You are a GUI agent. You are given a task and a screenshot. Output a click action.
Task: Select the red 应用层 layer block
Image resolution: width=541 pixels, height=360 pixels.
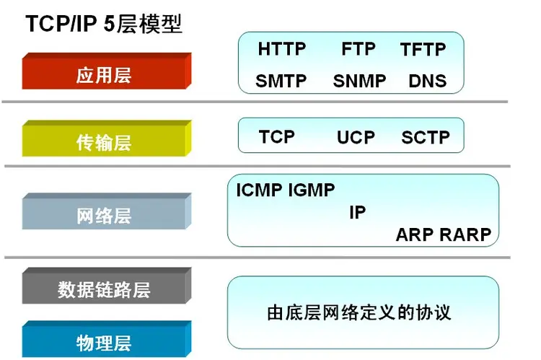pyautogui.click(x=104, y=75)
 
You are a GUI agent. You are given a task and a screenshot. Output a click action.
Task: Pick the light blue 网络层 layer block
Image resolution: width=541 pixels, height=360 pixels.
pyautogui.click(x=104, y=215)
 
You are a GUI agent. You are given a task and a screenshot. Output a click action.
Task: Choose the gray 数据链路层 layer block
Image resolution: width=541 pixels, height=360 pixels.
pyautogui.click(x=104, y=290)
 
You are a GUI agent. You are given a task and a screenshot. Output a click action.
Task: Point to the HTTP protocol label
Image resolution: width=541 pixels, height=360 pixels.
pyautogui.click(x=281, y=49)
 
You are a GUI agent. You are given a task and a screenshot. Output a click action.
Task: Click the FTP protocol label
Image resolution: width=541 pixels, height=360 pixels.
pyautogui.click(x=359, y=49)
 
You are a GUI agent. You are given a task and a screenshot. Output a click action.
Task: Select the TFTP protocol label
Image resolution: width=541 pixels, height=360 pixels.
pyautogui.click(x=423, y=50)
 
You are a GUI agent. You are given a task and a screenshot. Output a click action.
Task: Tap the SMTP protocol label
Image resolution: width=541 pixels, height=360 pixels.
pyautogui.click(x=281, y=81)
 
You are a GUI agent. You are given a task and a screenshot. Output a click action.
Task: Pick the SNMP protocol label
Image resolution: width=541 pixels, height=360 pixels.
pyautogui.click(x=360, y=81)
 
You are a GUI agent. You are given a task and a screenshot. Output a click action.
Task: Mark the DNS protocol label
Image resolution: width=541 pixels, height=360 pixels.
pyautogui.click(x=427, y=81)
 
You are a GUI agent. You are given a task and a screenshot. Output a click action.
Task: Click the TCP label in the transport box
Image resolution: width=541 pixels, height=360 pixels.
pyautogui.click(x=277, y=137)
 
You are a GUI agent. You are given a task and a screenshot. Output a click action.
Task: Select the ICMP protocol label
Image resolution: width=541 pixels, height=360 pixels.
pyautogui.click(x=260, y=190)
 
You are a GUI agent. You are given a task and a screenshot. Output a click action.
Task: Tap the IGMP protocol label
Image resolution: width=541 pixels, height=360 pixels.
pyautogui.click(x=312, y=190)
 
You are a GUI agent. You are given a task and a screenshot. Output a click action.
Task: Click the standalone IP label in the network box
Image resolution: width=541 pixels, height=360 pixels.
pyautogui.click(x=357, y=213)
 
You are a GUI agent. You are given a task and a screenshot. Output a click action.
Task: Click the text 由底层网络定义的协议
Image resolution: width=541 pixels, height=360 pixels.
pyautogui.click(x=359, y=313)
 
